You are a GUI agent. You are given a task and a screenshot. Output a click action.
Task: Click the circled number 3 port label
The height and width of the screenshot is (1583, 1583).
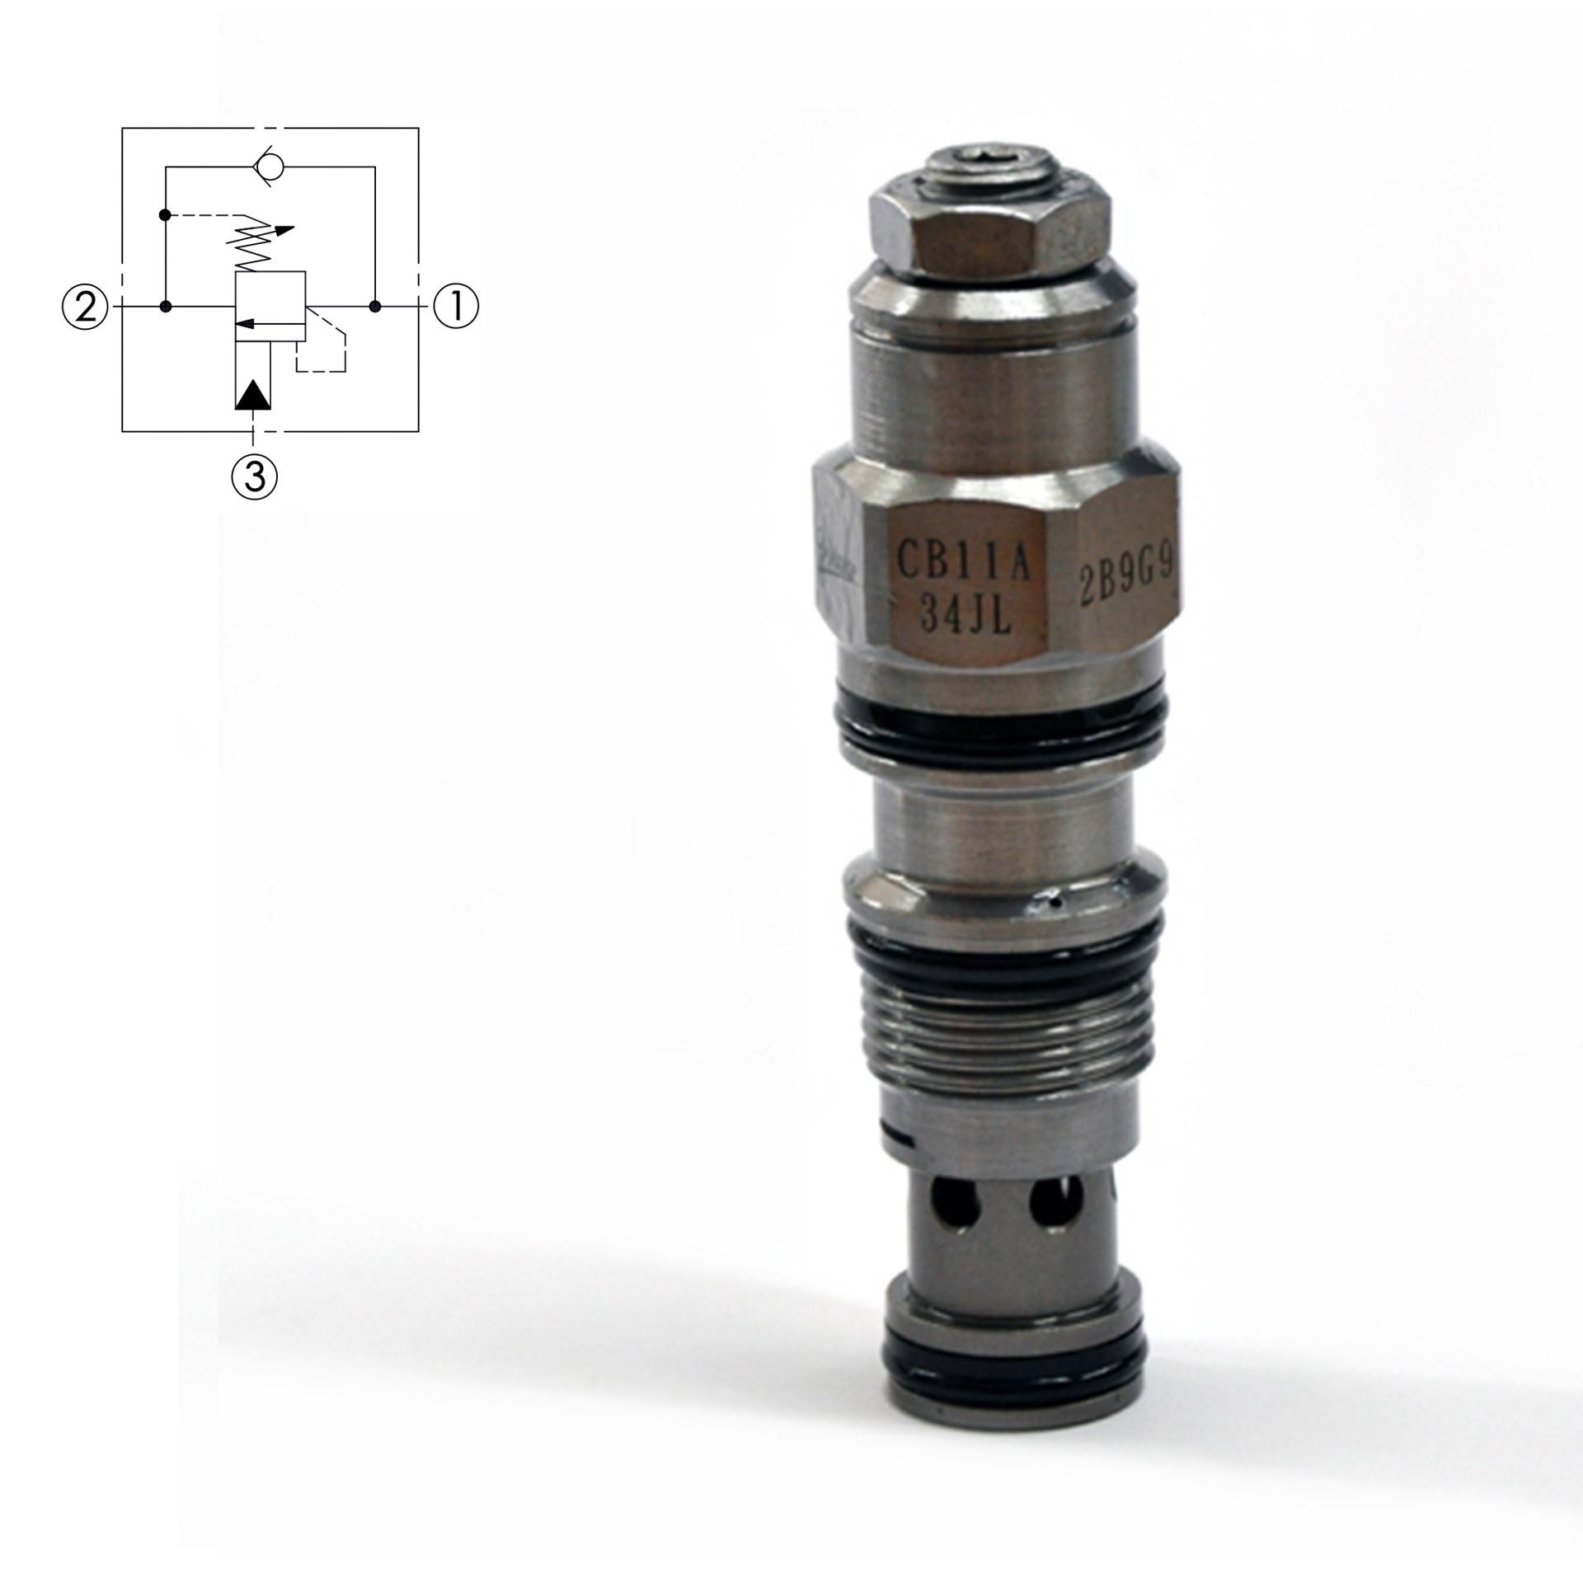tap(254, 476)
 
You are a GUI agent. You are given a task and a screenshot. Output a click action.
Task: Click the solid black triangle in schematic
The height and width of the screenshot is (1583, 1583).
tap(253, 395)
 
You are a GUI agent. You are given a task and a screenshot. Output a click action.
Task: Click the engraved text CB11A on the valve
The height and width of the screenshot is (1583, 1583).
tap(963, 568)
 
